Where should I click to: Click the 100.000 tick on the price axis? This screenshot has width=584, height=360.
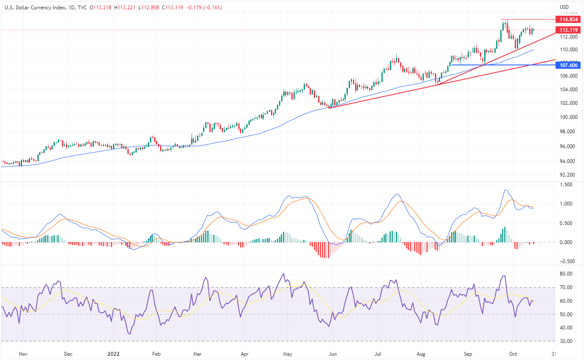tap(568, 117)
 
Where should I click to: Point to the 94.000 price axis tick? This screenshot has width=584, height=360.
tap(568, 161)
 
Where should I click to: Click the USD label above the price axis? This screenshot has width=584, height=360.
tap(564, 7)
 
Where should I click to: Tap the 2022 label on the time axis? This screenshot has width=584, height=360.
tap(114, 354)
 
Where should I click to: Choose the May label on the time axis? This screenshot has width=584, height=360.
tap(288, 354)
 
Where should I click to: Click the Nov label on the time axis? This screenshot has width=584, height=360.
tap(23, 354)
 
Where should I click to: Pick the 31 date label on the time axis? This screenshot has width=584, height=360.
tap(553, 354)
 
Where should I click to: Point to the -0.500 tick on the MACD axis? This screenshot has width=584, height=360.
tap(567, 261)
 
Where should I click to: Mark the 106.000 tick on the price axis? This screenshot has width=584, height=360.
tap(568, 76)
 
